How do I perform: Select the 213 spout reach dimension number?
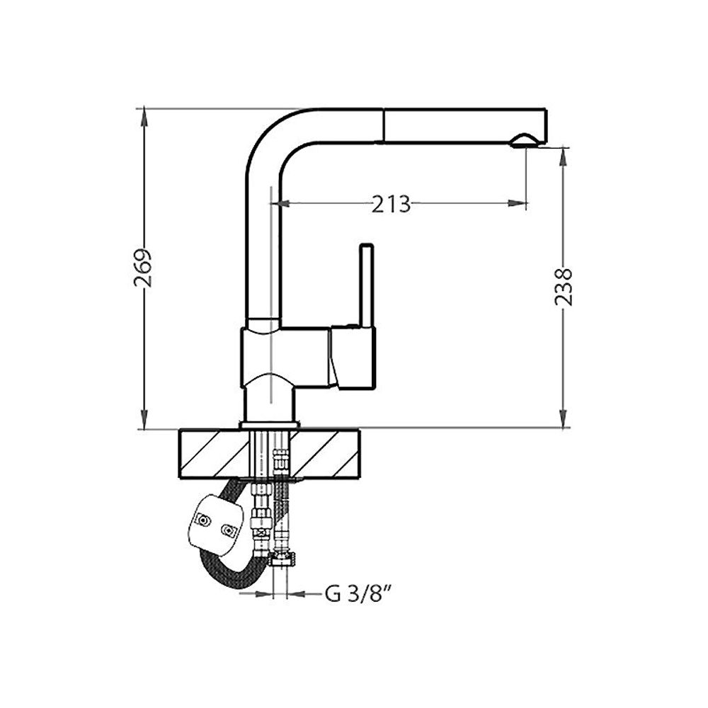click(x=391, y=204)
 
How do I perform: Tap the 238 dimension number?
click(x=564, y=287)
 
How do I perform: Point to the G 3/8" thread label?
click(x=358, y=593)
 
